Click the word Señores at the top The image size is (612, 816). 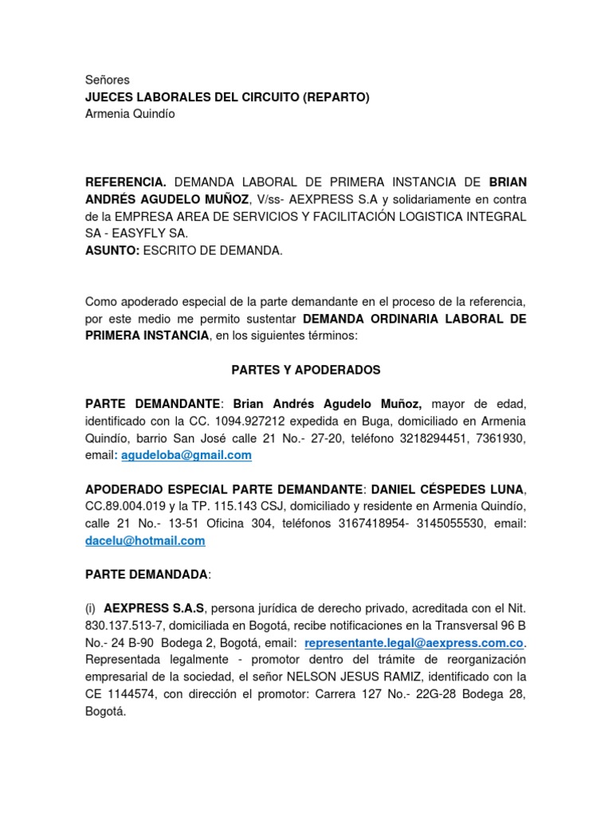point(107,80)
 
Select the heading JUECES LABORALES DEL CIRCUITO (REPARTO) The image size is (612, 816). point(227,97)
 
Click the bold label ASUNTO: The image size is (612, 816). point(112,250)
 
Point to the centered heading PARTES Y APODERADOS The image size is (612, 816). point(306,371)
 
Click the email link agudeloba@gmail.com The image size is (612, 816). point(186,455)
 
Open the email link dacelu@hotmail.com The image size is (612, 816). point(145,540)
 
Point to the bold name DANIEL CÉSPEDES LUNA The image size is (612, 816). point(446,489)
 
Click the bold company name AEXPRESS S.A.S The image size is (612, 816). point(154,609)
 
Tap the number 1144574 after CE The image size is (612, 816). point(137,694)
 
